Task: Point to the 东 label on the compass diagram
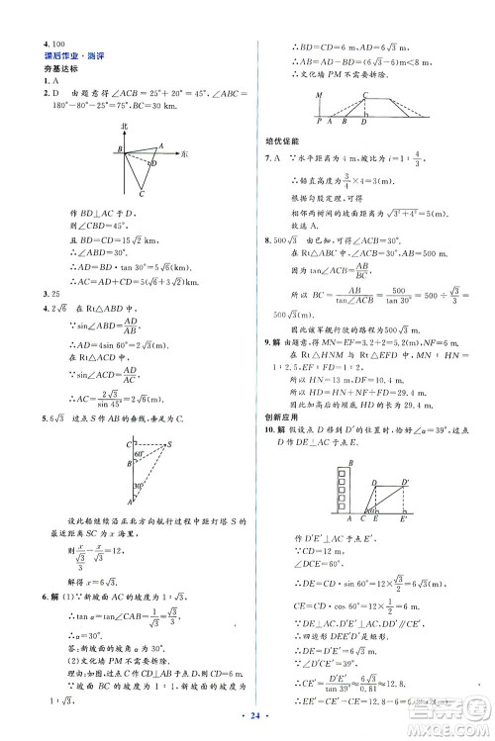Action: [x=186, y=153]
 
